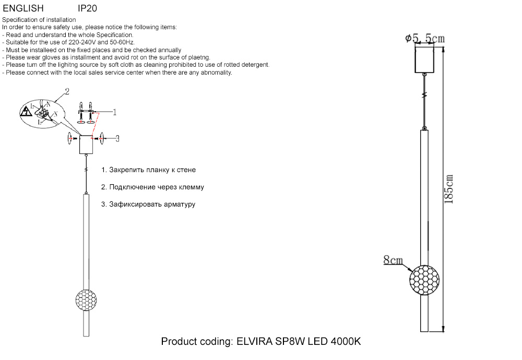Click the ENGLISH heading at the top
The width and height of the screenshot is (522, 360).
(23, 8)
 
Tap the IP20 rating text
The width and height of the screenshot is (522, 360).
(87, 8)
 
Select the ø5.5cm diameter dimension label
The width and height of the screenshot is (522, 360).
(425, 39)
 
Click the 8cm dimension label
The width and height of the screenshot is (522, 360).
(393, 259)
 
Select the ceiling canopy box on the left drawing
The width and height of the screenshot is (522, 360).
(86, 145)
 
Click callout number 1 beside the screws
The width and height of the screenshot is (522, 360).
(114, 112)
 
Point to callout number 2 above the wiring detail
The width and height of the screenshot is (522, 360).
(67, 91)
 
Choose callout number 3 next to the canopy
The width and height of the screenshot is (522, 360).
(117, 138)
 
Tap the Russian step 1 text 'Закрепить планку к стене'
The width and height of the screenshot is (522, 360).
(149, 170)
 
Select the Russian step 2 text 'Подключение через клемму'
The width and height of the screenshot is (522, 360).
(152, 187)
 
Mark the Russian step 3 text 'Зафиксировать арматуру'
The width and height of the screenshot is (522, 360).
(148, 204)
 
